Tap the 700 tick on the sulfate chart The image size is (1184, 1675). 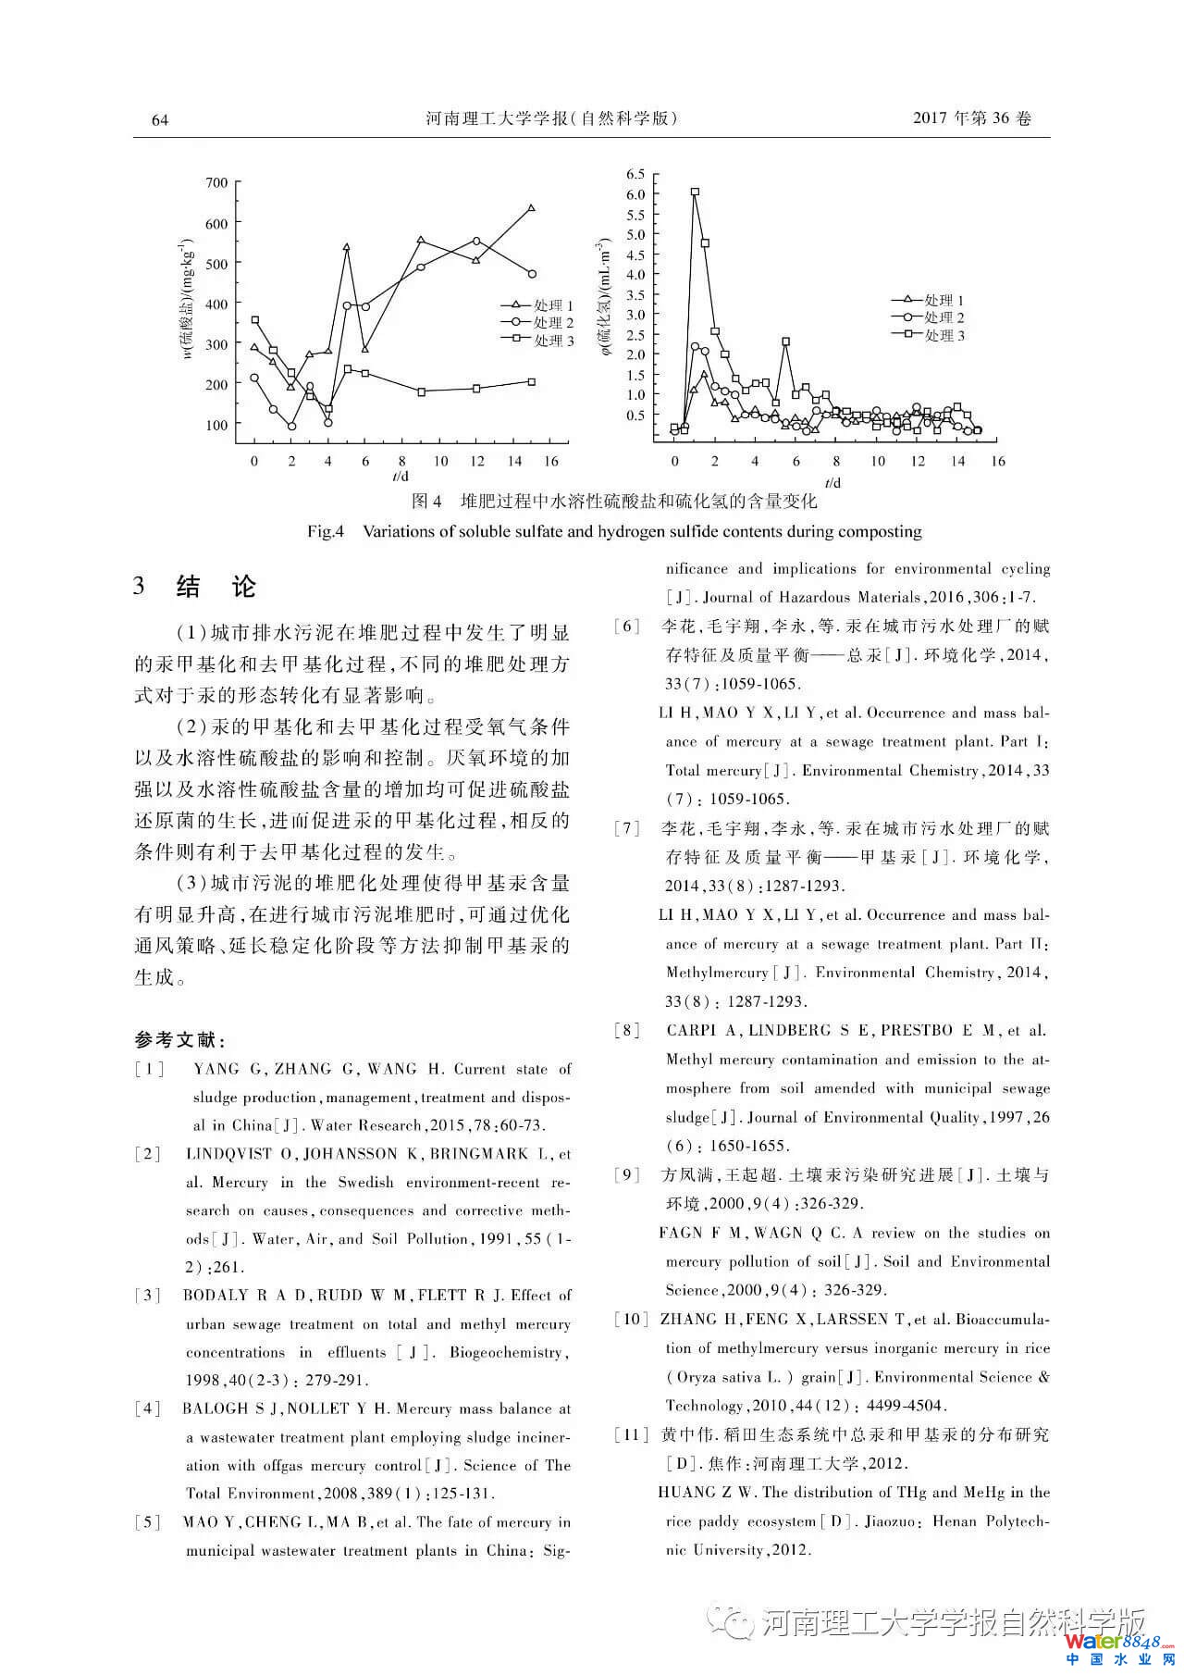[216, 182]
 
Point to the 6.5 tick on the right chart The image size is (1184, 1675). [635, 174]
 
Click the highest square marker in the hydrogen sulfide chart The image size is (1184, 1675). [695, 192]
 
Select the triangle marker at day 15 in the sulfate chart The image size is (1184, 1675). [532, 208]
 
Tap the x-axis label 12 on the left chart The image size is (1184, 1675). [476, 461]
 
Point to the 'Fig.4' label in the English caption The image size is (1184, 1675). [326, 532]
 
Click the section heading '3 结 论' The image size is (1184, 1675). [195, 587]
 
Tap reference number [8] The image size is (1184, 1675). [628, 1031]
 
